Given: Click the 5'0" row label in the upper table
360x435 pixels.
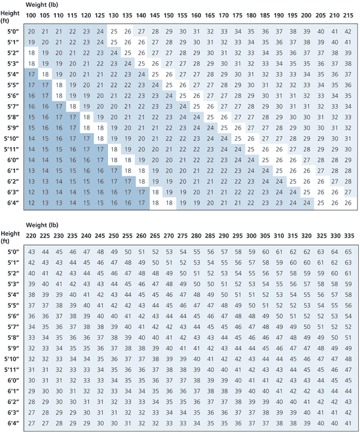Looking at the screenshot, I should (x=11, y=31).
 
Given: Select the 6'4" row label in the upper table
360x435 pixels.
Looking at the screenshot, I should (x=11, y=203).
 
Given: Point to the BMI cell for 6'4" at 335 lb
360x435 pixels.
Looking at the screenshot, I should (x=350, y=424).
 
